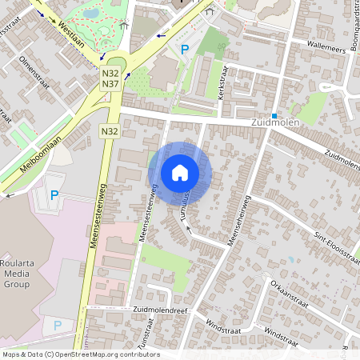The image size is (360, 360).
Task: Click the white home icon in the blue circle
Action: pyautogui.click(x=180, y=173)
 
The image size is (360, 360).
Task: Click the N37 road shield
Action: pyautogui.click(x=110, y=84)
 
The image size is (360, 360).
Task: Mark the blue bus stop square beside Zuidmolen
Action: pyautogui.click(x=274, y=115)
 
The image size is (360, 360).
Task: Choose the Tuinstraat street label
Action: pyautogui.click(x=146, y=340)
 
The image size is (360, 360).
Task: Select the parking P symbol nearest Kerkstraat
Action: pyautogui.click(x=185, y=50)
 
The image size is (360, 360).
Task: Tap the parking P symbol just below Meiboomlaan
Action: pyautogui.click(x=54, y=194)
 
